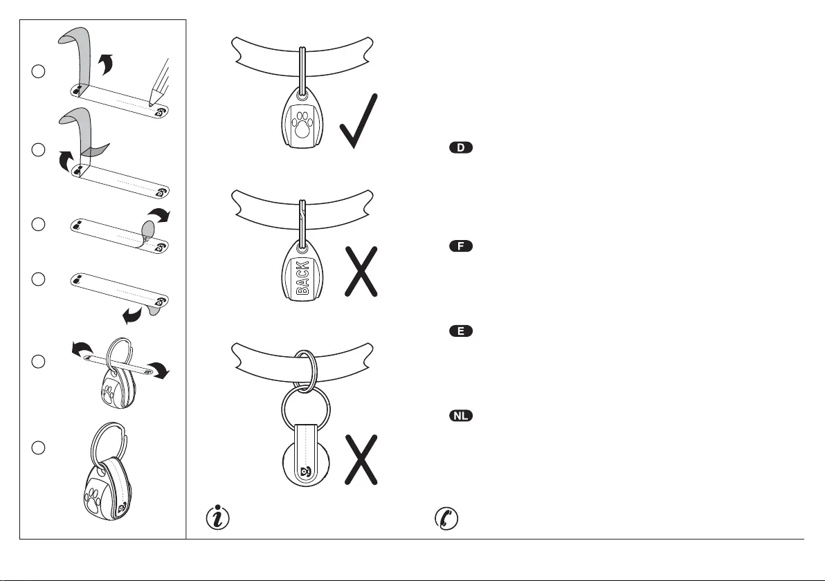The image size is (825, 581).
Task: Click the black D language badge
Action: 461,149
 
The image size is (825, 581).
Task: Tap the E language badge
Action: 461,331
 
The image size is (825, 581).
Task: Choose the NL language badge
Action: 461,416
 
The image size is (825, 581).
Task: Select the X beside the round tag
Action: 360,460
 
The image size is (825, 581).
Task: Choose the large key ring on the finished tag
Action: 109,441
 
